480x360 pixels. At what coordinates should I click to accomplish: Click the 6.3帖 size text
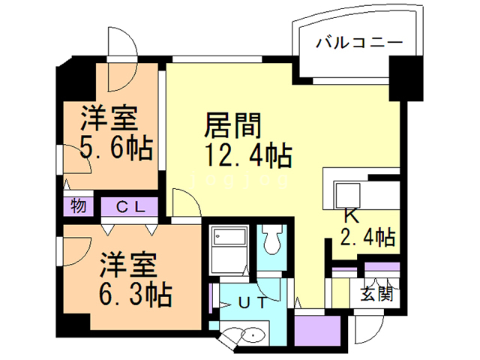click(x=136, y=292)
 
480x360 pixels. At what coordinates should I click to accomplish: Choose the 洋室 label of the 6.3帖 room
click(x=128, y=264)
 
